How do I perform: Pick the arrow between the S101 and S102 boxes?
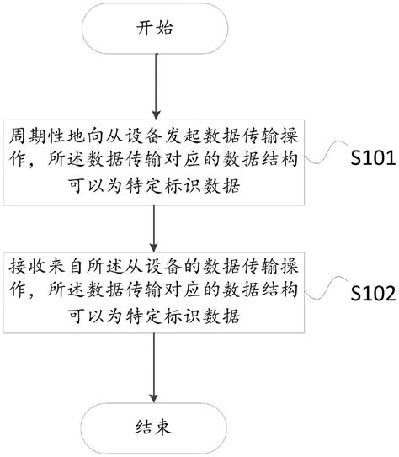[x=154, y=226]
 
